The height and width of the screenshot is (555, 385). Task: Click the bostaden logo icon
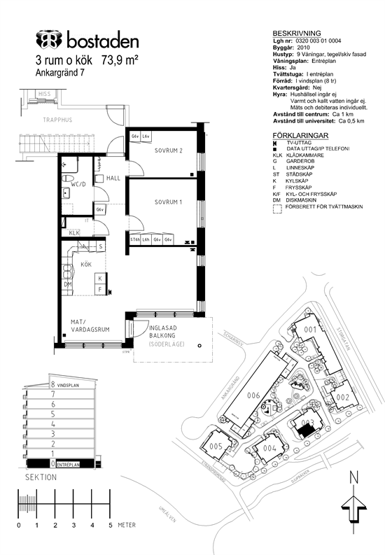pyautogui.click(x=48, y=39)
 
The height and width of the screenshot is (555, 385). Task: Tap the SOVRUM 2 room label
pyautogui.click(x=168, y=150)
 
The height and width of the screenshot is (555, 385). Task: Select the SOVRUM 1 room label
pyautogui.click(x=168, y=202)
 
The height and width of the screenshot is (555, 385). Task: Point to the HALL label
pyautogui.click(x=114, y=179)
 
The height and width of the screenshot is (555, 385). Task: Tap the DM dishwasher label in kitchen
pyautogui.click(x=69, y=284)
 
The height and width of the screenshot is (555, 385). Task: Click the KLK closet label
pyautogui.click(x=74, y=233)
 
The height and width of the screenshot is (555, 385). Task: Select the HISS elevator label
pyautogui.click(x=45, y=93)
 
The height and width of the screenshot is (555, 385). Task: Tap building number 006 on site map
pyautogui.click(x=253, y=395)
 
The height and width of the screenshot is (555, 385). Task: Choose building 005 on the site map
pyautogui.click(x=216, y=446)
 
